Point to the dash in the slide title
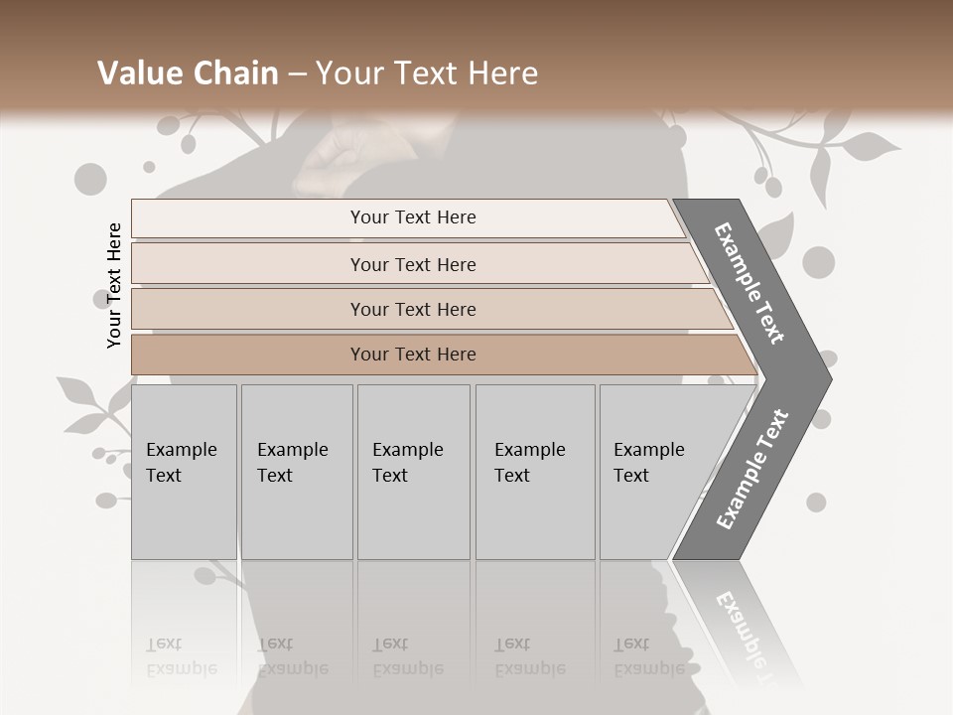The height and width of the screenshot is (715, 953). pyautogui.click(x=297, y=74)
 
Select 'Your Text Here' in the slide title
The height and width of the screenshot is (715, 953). pyautogui.click(x=426, y=73)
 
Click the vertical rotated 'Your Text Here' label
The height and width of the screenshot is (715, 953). pyautogui.click(x=114, y=285)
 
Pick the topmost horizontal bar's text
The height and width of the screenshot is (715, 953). pyautogui.click(x=413, y=217)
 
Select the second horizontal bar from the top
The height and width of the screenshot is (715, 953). pyautogui.click(x=413, y=264)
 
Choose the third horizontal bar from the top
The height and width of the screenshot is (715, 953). pyautogui.click(x=413, y=309)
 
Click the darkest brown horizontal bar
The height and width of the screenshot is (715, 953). pyautogui.click(x=413, y=355)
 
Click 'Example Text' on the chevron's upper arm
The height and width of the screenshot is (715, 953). pyautogui.click(x=749, y=283)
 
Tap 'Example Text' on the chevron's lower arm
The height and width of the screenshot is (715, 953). pyautogui.click(x=751, y=469)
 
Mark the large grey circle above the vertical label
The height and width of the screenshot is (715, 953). pyautogui.click(x=90, y=180)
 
